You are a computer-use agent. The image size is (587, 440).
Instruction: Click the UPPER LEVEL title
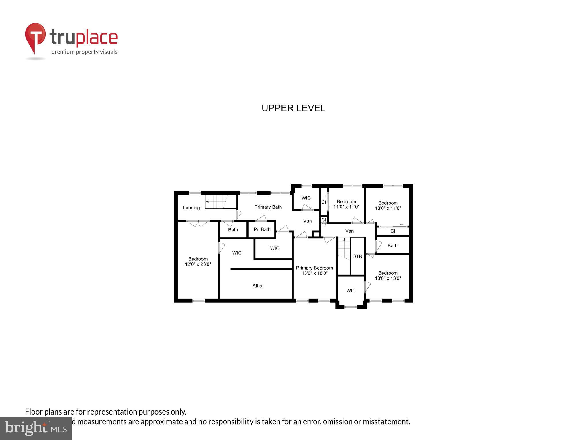(x=293, y=108)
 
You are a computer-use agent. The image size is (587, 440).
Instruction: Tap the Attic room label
(x=257, y=286)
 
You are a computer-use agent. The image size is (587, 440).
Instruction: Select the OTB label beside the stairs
(x=357, y=256)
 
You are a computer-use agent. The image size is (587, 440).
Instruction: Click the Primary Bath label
(x=268, y=207)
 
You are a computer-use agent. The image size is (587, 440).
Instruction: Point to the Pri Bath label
(x=262, y=229)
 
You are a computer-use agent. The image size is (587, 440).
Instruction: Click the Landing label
(x=191, y=208)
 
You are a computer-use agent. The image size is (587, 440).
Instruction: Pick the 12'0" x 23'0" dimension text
(x=198, y=264)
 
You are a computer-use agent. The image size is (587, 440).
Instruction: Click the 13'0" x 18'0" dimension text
(x=314, y=273)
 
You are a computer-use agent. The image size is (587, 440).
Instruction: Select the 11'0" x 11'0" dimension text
(x=346, y=207)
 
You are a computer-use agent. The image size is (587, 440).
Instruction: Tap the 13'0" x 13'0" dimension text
(x=388, y=278)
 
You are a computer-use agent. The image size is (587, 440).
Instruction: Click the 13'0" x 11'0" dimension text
(x=388, y=208)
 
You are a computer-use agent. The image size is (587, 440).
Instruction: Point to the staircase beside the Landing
(x=216, y=202)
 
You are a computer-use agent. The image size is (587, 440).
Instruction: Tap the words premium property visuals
(x=84, y=52)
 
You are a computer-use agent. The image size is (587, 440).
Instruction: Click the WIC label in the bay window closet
(x=351, y=290)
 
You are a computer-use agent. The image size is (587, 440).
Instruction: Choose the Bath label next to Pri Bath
(x=233, y=230)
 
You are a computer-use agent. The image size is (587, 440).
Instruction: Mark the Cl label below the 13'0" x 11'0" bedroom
(x=392, y=231)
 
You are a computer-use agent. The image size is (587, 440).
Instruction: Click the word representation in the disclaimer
(x=112, y=412)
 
